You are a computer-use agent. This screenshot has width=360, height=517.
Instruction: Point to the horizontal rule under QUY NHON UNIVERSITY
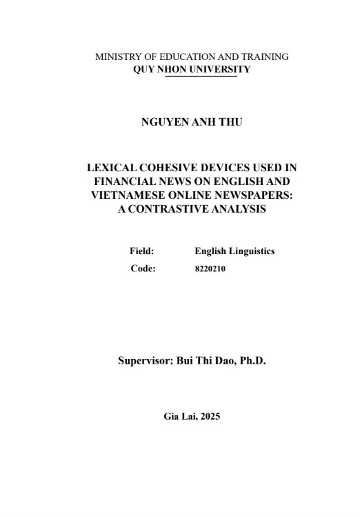[201, 76]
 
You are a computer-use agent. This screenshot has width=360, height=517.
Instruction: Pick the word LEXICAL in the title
[108, 168]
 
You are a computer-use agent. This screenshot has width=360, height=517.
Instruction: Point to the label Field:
[141, 251]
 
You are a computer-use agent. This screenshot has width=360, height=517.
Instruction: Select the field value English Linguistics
[234, 251]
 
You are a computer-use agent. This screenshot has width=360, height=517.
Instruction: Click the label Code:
[143, 269]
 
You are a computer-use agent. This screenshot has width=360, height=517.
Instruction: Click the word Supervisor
[148, 360]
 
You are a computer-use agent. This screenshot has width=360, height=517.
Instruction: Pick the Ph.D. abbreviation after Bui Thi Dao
[249, 360]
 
